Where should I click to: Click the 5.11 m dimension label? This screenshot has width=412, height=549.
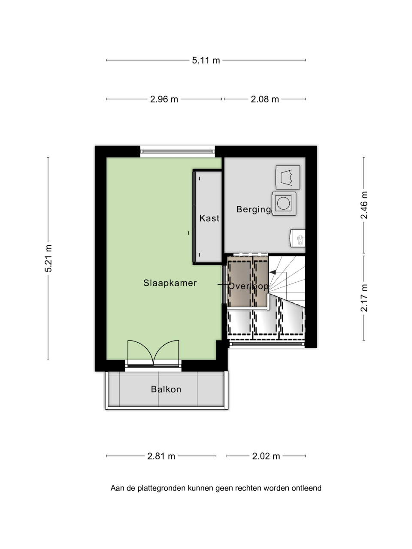206,60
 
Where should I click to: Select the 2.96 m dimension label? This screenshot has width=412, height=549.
164,100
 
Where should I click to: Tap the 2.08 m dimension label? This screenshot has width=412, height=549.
265,100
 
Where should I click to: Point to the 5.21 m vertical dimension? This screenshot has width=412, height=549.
48,258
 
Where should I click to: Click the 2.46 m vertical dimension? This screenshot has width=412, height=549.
364,205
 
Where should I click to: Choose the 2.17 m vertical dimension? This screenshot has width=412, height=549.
364,298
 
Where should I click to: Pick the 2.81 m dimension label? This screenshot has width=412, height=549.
161,456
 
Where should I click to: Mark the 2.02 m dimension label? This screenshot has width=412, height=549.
266,456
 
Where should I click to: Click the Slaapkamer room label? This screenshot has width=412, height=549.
170,283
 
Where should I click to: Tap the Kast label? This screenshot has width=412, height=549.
209,218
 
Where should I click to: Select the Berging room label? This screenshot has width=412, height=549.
253,209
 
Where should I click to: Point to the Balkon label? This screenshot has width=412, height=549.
166,389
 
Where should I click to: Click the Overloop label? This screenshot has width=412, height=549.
248,286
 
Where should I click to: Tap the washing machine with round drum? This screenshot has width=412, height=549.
284,204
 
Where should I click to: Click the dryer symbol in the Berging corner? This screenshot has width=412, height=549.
288,177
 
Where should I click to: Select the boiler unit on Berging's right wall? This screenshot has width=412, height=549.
297,238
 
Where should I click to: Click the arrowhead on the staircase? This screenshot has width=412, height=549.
273,272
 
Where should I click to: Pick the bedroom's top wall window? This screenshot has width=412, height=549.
177,151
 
